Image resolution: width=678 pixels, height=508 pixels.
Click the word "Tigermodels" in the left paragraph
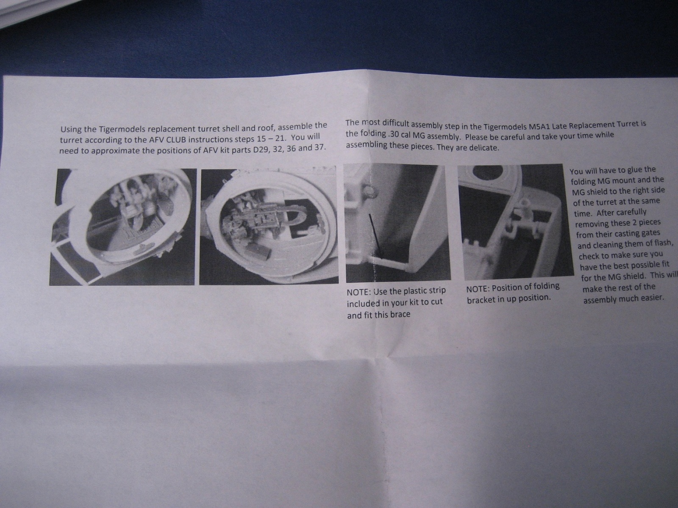(119, 130)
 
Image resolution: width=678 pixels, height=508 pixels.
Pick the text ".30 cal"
(400, 135)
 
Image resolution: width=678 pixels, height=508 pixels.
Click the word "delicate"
(484, 148)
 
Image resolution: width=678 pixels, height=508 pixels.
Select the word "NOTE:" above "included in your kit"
(358, 292)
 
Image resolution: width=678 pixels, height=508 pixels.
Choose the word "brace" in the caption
(400, 314)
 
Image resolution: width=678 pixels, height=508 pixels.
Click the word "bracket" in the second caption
(480, 299)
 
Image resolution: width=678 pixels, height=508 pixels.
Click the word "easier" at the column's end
(652, 298)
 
